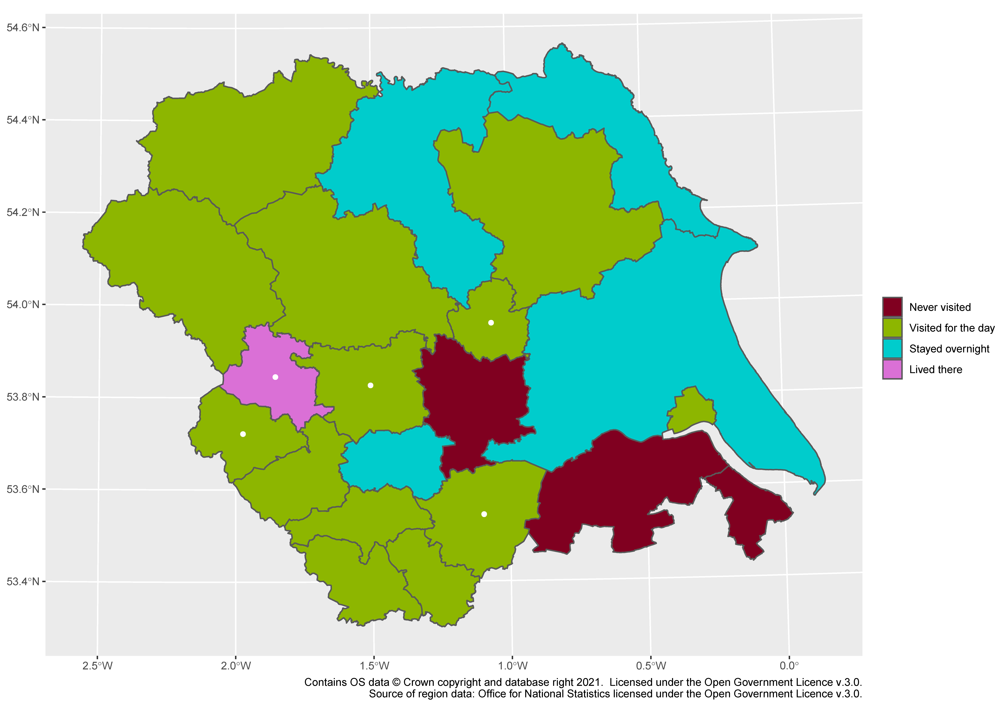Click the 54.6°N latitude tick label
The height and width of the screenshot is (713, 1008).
[x=23, y=28]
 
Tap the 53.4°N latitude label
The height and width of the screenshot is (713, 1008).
[x=23, y=582]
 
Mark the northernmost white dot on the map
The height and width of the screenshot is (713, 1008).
[x=491, y=323]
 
